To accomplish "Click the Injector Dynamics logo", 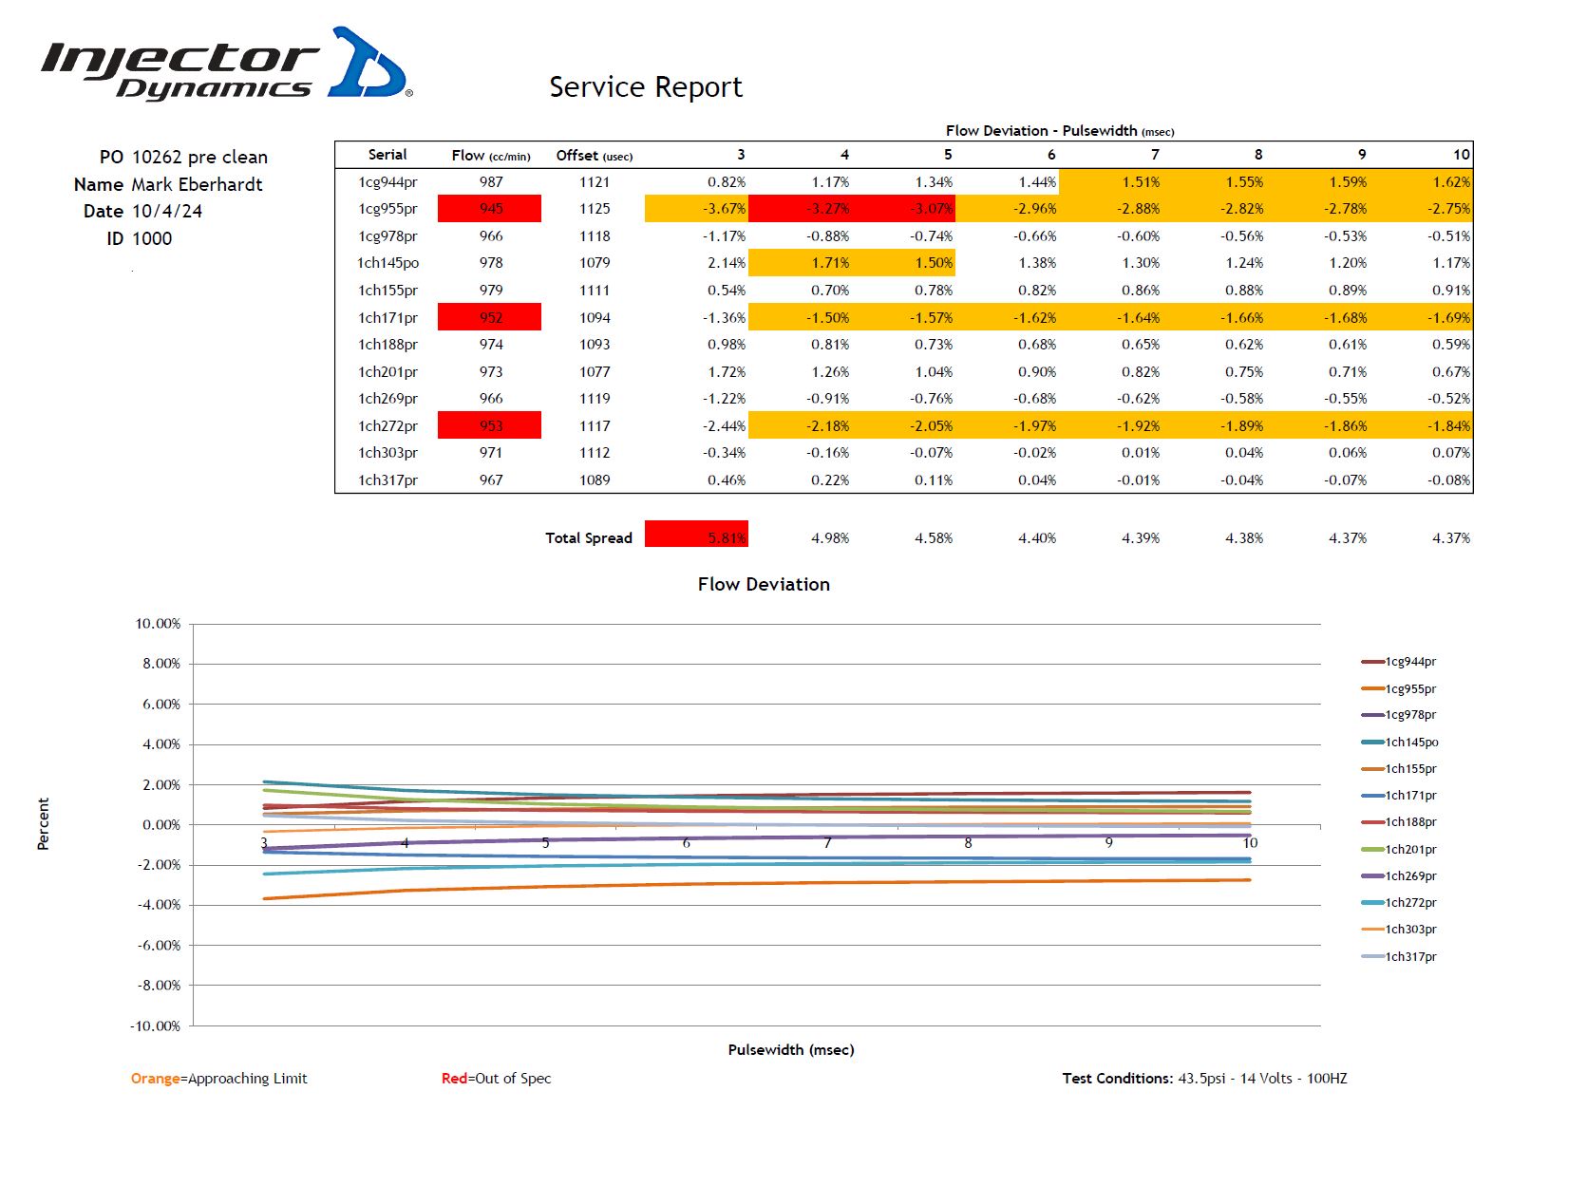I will coord(226,65).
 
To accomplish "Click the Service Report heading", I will coord(645,87).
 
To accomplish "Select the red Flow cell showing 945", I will coord(490,209).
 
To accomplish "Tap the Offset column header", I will coord(594,156).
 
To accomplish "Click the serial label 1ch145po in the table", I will coord(387,263).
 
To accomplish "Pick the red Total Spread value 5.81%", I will coord(697,535).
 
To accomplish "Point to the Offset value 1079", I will coord(595,263).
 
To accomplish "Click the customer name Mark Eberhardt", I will coord(197,184).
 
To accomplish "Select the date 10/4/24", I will coord(166,211).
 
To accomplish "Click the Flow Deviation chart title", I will coord(764,584).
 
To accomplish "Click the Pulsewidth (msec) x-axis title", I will coord(791,1049).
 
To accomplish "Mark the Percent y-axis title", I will coord(43,823).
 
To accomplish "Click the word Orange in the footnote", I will coord(156,1079).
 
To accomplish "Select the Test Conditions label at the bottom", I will coord(1117,1079).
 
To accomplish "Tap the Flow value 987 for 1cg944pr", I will coord(491,182).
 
